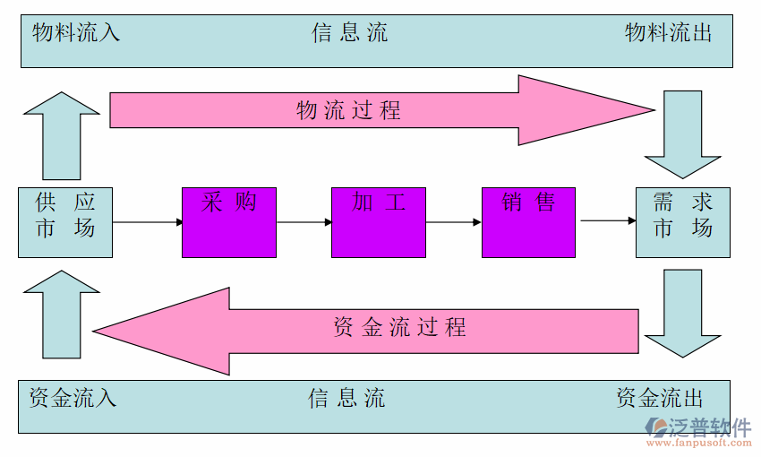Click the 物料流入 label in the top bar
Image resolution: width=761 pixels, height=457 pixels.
tap(76, 34)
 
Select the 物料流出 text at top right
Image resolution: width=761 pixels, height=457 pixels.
tap(668, 34)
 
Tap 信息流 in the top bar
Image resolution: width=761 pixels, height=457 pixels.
tap(350, 34)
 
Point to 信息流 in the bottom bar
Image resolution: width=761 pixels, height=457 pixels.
tap(347, 398)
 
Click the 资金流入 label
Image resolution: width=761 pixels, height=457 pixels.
tap(73, 398)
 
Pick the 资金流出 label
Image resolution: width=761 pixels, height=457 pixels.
tap(660, 398)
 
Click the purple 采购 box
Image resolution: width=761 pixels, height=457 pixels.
tap(228, 222)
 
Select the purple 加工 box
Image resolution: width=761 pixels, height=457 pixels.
tap(378, 222)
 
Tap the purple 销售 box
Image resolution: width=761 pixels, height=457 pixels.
tap(528, 222)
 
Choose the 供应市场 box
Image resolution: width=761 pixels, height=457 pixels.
tap(65, 222)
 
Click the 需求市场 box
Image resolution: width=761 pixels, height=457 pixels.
tap(683, 222)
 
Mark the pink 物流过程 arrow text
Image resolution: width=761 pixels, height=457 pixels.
tap(349, 111)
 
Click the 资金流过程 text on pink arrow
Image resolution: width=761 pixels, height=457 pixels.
tap(399, 327)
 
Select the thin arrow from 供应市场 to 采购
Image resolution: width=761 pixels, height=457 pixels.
tap(148, 221)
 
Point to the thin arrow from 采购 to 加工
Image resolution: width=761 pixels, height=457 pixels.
tap(304, 221)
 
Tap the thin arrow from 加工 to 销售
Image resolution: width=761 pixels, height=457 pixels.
tap(453, 221)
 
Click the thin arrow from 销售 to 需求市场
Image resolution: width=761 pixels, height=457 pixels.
tap(605, 220)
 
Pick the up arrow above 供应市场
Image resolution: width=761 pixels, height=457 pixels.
tap(62, 134)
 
